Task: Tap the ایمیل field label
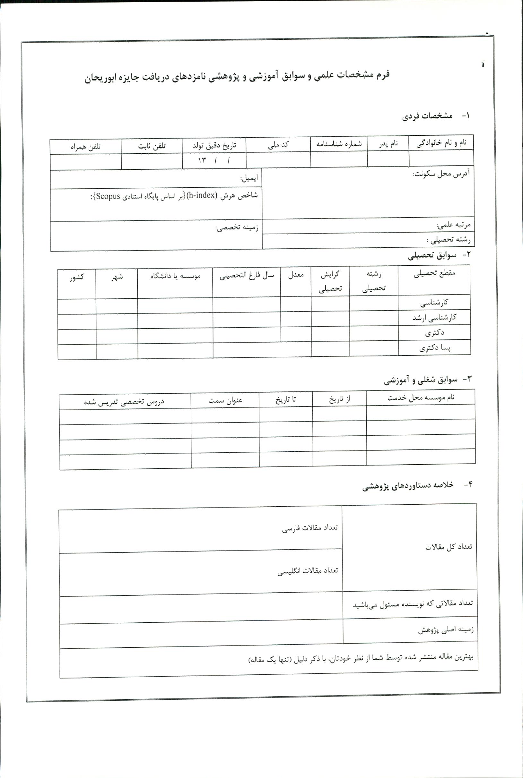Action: (x=249, y=178)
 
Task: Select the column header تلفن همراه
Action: (x=85, y=147)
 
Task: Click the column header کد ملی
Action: (x=278, y=145)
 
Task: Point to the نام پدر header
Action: (x=388, y=144)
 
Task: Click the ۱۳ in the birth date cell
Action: (x=202, y=160)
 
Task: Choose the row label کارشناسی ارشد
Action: (x=434, y=318)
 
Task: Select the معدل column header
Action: (x=296, y=275)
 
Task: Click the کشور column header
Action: (x=77, y=277)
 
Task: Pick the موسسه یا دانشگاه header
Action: (x=175, y=276)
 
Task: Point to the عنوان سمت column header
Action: (x=225, y=400)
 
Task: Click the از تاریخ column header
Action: (x=339, y=399)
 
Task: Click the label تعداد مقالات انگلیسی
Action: (x=308, y=571)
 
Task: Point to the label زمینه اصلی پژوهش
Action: (x=446, y=630)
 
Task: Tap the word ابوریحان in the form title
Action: (x=100, y=78)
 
